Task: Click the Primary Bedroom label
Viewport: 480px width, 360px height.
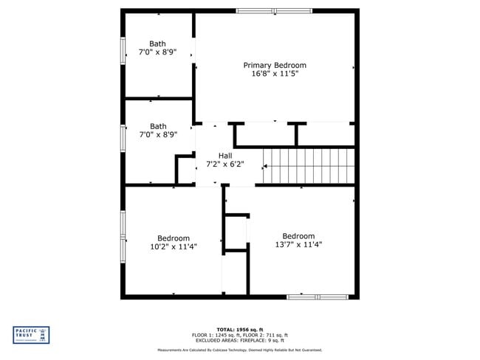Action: (x=275, y=65)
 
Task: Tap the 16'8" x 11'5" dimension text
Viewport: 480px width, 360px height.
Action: (x=275, y=74)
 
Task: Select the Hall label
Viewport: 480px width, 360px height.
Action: (x=224, y=156)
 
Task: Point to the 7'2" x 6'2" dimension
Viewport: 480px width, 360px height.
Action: (x=224, y=165)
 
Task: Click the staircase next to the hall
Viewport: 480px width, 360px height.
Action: (x=309, y=165)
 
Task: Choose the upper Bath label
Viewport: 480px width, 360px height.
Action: (x=158, y=44)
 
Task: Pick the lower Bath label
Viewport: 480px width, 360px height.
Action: (x=158, y=126)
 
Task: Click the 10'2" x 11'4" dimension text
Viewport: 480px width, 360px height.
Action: (x=173, y=246)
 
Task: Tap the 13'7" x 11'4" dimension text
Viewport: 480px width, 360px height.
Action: (x=298, y=245)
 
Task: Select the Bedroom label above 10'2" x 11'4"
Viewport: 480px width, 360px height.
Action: (x=173, y=238)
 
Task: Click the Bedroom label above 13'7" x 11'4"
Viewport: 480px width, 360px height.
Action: (x=298, y=236)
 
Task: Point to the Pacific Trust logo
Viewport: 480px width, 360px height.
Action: (x=32, y=334)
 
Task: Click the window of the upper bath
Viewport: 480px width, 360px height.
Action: (x=123, y=52)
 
